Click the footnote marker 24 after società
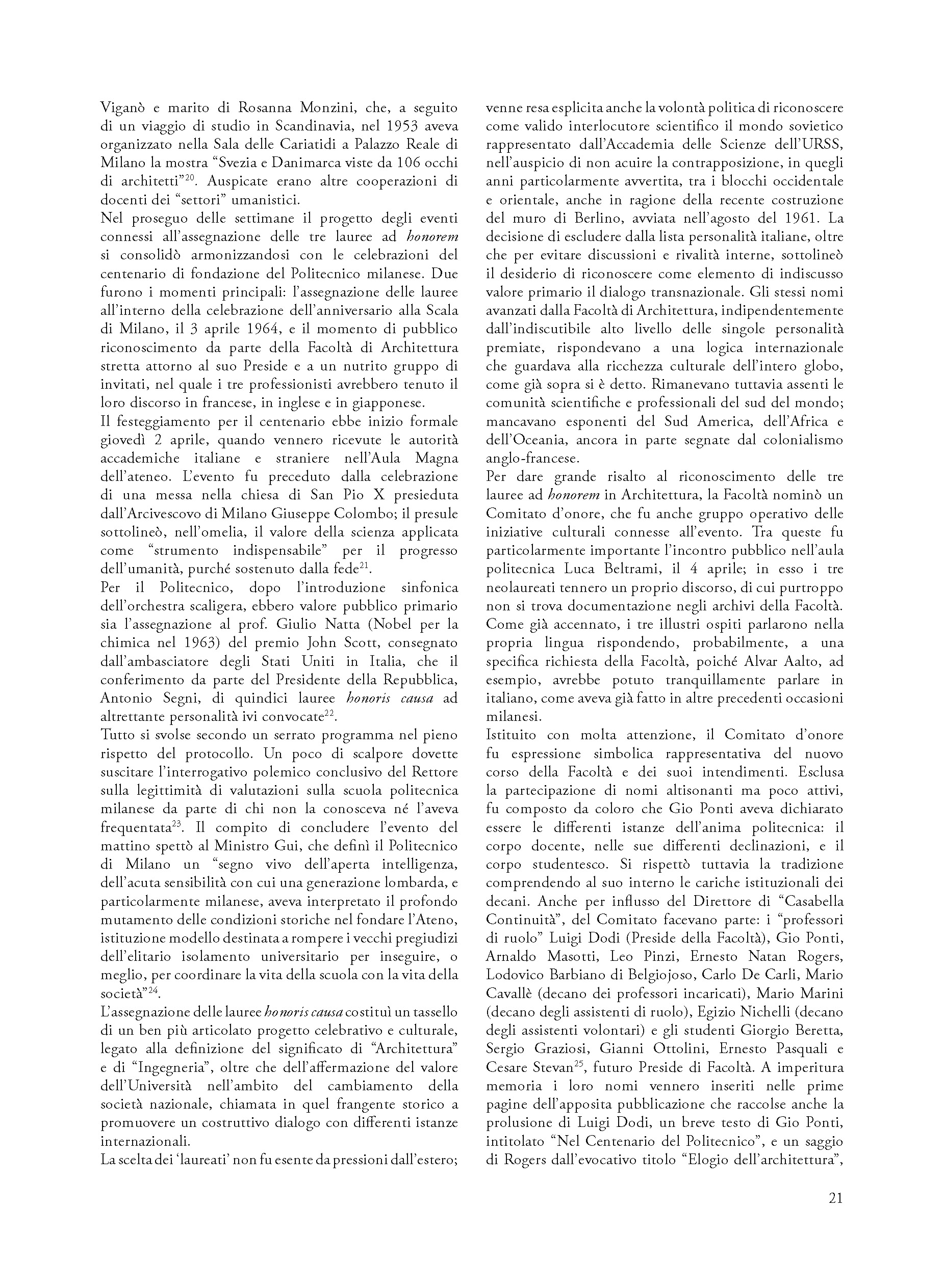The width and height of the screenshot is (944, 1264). [x=152, y=990]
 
